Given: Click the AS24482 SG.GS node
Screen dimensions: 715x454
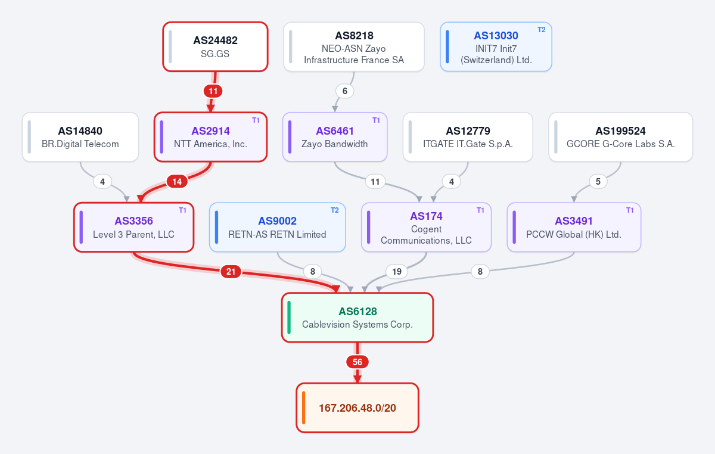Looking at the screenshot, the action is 215,46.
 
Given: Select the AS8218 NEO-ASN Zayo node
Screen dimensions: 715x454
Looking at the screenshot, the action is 354,46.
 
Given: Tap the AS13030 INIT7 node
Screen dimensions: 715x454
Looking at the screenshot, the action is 496,46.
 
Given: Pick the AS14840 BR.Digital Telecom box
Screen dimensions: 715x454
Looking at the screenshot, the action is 80,137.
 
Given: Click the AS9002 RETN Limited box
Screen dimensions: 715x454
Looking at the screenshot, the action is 278,228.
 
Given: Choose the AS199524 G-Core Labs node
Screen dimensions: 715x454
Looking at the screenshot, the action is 620,137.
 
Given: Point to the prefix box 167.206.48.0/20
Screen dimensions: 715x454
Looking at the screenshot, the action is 357,408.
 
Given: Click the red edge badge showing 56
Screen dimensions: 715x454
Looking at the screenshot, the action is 357,362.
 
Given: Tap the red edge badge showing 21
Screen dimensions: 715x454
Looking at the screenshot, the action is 231,272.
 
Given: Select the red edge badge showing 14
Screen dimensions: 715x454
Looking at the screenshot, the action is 177,182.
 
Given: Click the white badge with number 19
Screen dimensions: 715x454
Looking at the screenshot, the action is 397,272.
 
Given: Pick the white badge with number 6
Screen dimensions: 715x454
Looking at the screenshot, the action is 345,91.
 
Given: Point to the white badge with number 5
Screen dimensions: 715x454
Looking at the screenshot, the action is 598,182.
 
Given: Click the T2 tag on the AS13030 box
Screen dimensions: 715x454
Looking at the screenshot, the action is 542,30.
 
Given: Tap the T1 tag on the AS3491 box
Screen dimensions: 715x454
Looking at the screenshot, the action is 630,210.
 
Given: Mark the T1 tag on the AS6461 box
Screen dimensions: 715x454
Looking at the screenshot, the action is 376,120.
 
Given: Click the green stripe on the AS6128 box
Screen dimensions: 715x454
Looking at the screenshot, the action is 289,318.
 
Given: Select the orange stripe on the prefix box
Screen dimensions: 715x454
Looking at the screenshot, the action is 303,408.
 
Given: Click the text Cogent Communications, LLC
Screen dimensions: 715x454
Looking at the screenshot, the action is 426,235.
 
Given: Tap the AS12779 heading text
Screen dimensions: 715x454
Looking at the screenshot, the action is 468,131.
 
